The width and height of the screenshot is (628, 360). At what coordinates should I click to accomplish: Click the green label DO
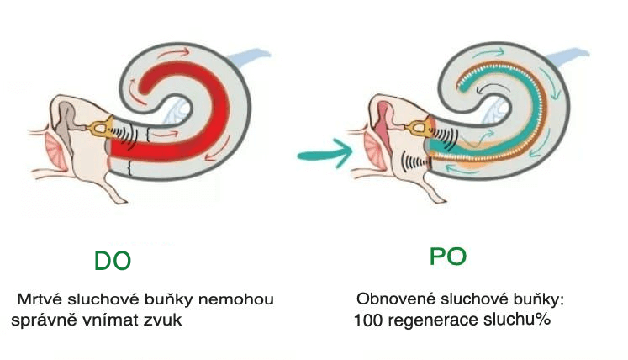pos(112,261)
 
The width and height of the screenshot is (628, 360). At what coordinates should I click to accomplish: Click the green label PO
pos(447,257)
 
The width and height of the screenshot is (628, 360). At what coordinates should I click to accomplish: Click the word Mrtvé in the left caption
pos(37,299)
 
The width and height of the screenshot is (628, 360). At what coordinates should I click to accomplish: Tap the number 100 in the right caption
pos(368,320)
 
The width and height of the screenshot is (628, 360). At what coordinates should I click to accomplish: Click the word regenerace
pos(433,320)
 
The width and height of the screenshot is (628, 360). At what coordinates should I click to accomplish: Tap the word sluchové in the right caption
pos(460,299)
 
